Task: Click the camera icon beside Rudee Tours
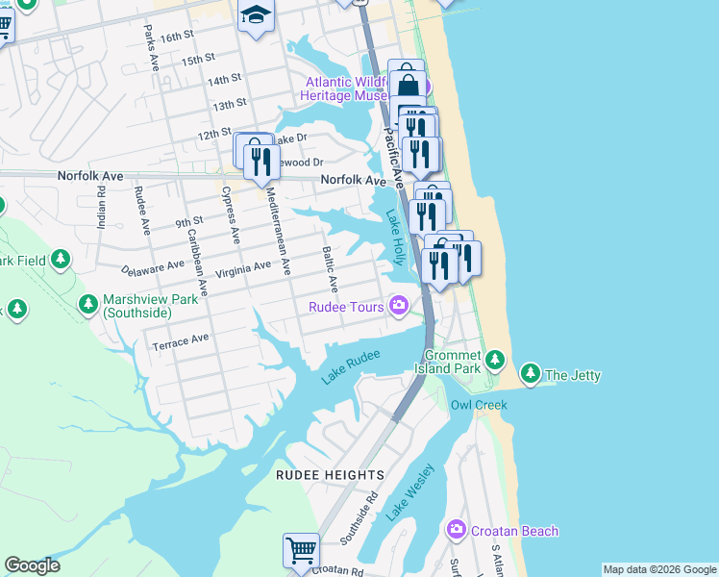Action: click(398, 307)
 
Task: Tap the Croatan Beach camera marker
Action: click(456, 530)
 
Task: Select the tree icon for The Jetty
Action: click(530, 373)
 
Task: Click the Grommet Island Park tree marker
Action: click(494, 360)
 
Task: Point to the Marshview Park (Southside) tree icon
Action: click(88, 305)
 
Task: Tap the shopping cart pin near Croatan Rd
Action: click(301, 551)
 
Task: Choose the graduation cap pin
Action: click(257, 15)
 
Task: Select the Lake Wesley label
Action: click(410, 492)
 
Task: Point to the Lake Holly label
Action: click(394, 239)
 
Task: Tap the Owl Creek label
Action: click(479, 405)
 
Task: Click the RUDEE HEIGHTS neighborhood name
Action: click(330, 475)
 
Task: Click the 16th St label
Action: click(177, 37)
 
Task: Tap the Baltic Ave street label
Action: click(329, 269)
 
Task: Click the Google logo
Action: click(32, 565)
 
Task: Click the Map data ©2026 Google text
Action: click(659, 569)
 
